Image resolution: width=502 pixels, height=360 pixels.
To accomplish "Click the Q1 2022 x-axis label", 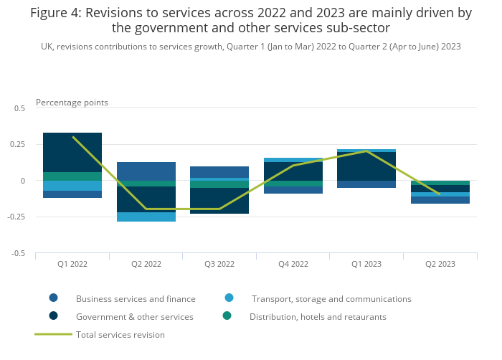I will coord(72,264).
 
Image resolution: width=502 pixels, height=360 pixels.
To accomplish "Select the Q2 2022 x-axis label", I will coord(146,264).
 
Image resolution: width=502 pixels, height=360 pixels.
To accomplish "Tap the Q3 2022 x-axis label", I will coord(219,264).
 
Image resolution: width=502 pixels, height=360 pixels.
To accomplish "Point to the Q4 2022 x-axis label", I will coord(293,264).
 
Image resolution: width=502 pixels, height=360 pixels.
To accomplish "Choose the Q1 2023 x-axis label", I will coord(366,264).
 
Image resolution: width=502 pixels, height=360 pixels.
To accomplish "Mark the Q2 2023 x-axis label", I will coord(440,264).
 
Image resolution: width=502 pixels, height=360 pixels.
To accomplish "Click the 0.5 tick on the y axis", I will coord(19,108).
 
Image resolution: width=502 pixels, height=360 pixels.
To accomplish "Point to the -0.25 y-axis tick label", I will coord(16,217).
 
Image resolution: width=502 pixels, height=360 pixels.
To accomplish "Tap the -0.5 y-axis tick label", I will coord(19,253).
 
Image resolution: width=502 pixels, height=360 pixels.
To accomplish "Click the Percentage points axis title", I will coord(72,103).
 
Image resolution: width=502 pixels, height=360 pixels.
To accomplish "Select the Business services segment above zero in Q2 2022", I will coord(146,171).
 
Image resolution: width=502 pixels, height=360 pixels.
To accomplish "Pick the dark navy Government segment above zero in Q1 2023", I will coord(366,166).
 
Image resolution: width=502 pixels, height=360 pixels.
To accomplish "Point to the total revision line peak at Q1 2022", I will coord(72,137).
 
